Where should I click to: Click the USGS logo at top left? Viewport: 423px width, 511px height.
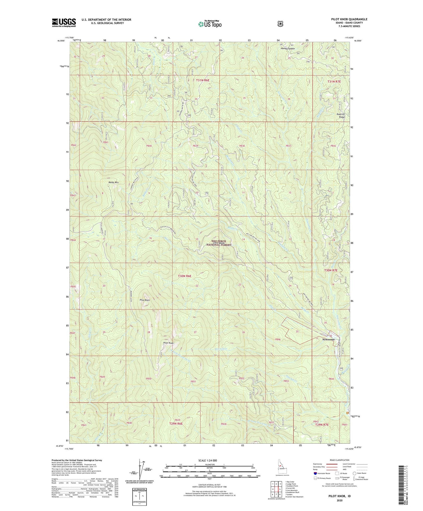point(64,23)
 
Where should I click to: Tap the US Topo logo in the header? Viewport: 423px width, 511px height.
point(210,24)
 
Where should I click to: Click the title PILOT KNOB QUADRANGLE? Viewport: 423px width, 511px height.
point(349,19)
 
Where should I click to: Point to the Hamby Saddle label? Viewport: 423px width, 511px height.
point(287,48)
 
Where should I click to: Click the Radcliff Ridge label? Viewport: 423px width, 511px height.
point(341,116)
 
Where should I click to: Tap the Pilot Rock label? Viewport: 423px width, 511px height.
point(145,300)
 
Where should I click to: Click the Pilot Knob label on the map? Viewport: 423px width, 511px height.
point(169,343)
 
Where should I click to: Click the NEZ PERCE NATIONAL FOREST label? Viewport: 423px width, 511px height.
point(219,243)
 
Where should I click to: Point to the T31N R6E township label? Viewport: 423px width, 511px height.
point(202,80)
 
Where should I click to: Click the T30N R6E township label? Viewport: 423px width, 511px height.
point(185,276)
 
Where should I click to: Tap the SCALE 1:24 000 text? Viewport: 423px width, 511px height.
point(209,461)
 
